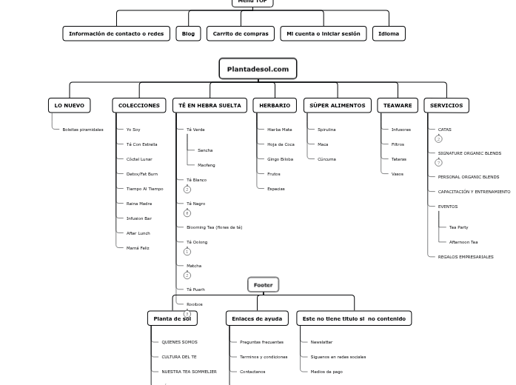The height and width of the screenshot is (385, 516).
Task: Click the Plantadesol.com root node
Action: (258, 69)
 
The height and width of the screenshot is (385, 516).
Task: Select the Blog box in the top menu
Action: (188, 33)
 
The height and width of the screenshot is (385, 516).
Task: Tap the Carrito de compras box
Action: (241, 33)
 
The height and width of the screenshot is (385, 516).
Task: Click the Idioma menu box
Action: (389, 33)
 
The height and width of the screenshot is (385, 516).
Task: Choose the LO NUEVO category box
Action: (70, 105)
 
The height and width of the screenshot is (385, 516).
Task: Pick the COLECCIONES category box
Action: (139, 105)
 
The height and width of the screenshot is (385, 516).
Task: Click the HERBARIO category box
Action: (275, 105)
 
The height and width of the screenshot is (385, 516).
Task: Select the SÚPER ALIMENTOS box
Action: (337, 105)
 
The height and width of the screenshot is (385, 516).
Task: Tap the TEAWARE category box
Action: (398, 105)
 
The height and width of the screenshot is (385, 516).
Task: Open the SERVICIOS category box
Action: (446, 105)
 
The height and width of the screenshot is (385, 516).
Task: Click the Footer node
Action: (263, 284)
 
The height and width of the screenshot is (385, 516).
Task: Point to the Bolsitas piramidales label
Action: (83, 130)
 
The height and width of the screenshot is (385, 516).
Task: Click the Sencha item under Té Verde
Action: (205, 150)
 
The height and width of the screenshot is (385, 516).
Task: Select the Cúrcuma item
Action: (326, 159)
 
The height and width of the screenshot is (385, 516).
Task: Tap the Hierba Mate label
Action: (280, 130)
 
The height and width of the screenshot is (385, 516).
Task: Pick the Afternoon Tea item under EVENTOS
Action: (463, 242)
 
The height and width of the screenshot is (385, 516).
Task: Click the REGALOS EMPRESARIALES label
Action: (466, 257)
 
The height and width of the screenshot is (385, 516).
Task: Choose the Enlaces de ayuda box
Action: (257, 318)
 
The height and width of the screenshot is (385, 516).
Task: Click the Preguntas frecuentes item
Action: (261, 342)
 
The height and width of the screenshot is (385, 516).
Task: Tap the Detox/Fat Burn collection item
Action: (141, 174)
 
